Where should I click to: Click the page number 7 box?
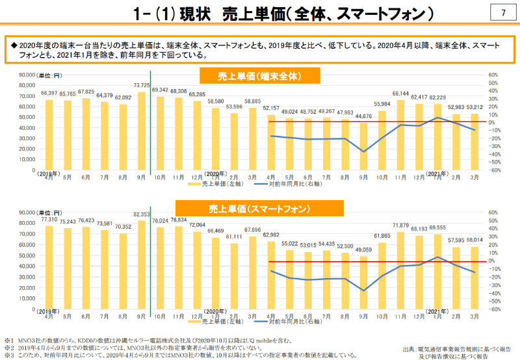[503, 13]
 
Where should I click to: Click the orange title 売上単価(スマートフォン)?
[259, 209]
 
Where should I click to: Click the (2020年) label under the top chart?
[217, 174]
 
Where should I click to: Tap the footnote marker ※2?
[8, 348]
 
